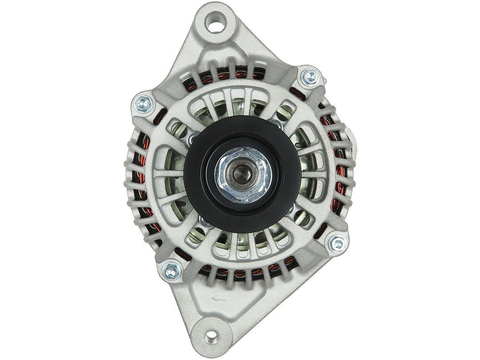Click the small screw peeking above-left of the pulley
tap(194, 137)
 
